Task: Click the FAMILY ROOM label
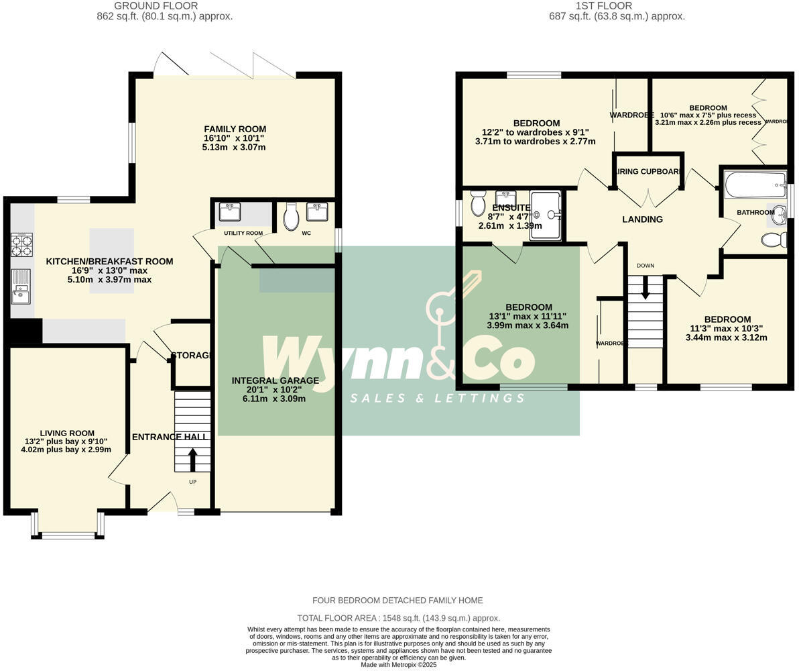click(x=235, y=129)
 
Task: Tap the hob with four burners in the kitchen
click(x=21, y=244)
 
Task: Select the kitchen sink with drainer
click(x=21, y=285)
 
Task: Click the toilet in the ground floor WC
click(x=291, y=217)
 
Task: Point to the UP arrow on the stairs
click(x=192, y=460)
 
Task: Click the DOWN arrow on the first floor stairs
click(x=646, y=287)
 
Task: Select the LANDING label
click(x=642, y=219)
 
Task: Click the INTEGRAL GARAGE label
click(x=275, y=380)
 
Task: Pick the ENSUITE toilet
click(x=478, y=203)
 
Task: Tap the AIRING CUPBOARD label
click(x=648, y=172)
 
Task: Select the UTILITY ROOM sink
click(x=230, y=212)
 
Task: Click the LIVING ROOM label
click(x=66, y=433)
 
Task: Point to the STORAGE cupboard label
click(x=192, y=355)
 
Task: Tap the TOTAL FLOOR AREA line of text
click(x=398, y=618)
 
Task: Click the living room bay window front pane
click(x=68, y=535)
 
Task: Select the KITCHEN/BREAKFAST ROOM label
click(x=109, y=262)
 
